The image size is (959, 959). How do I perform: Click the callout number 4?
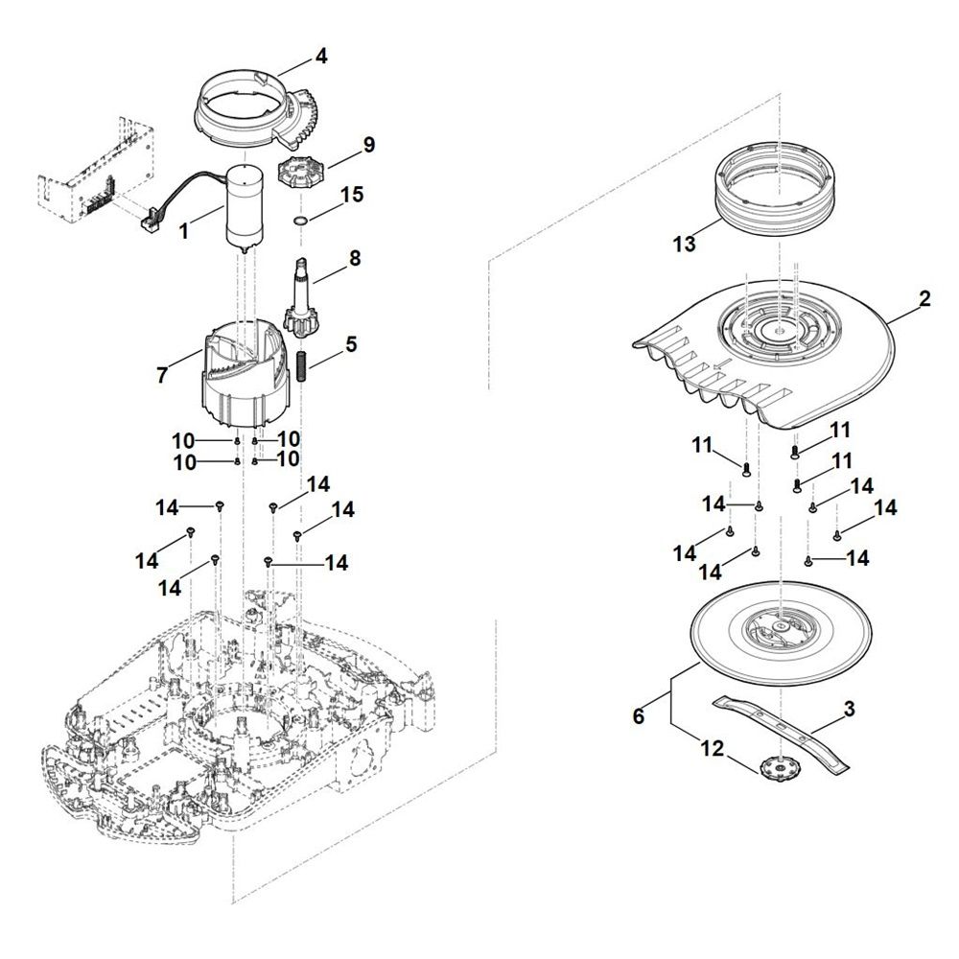tap(321, 57)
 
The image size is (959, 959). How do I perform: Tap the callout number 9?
tap(368, 145)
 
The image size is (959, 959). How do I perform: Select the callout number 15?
tap(352, 195)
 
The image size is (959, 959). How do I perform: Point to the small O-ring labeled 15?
tap(299, 222)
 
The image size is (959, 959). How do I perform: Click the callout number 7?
tap(161, 376)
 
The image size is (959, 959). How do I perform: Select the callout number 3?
tap(849, 711)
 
